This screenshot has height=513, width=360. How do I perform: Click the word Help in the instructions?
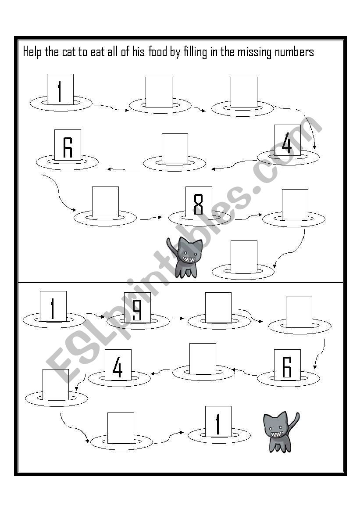(x=33, y=52)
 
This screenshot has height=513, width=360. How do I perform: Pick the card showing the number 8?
(x=199, y=202)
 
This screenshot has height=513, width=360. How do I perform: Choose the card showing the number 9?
(x=137, y=308)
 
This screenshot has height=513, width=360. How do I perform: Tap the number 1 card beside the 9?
(x=53, y=306)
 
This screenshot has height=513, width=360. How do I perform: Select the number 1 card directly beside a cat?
(x=218, y=422)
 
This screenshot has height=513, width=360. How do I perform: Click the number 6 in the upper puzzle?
(x=68, y=145)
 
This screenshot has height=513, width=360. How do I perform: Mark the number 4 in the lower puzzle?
(x=118, y=365)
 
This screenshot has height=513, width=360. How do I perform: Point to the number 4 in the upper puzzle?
(x=287, y=140)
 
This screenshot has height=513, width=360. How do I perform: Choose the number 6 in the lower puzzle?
(x=287, y=365)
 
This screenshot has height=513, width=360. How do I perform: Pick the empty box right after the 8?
(x=295, y=205)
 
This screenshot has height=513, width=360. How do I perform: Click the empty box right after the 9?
(x=218, y=308)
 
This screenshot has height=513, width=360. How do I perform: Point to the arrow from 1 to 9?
(x=96, y=315)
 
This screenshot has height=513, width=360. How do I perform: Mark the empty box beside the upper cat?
(x=244, y=256)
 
